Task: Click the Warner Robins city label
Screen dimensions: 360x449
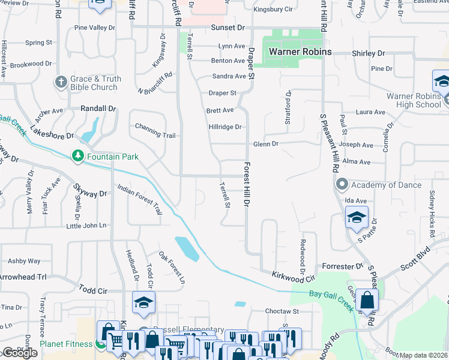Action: [x=300, y=52]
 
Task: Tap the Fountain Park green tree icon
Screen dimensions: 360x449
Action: [x=77, y=157]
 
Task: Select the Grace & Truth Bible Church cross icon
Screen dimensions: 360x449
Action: [x=61, y=83]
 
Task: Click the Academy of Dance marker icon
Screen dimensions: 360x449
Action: [x=342, y=184]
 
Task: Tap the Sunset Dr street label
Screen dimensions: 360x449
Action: [x=228, y=28]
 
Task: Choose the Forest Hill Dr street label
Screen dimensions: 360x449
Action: [x=246, y=184]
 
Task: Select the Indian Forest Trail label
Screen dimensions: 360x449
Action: [x=139, y=200]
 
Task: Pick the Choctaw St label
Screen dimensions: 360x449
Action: [x=283, y=311]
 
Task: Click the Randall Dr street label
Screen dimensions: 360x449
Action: [x=98, y=109]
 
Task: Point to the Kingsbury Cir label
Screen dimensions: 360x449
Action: [x=273, y=10]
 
